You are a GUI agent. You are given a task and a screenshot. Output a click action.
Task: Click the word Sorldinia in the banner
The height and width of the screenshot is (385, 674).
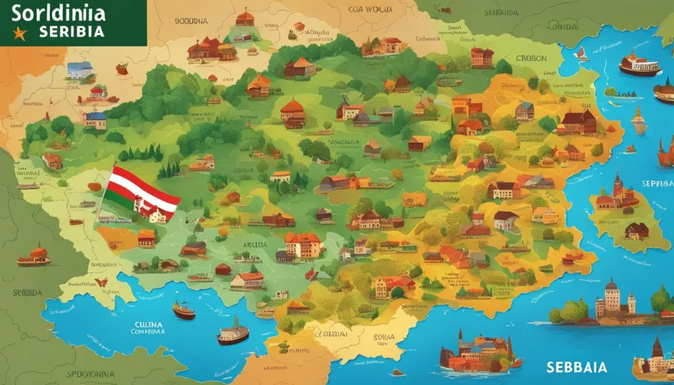[x=58, y=13]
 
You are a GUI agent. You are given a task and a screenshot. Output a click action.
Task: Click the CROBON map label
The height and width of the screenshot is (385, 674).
[x=531, y=58]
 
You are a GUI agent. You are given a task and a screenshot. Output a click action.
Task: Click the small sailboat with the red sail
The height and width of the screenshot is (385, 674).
[x=581, y=55]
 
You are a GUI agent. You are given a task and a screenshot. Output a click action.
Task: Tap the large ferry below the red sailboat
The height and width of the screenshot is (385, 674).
[x=638, y=65]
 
